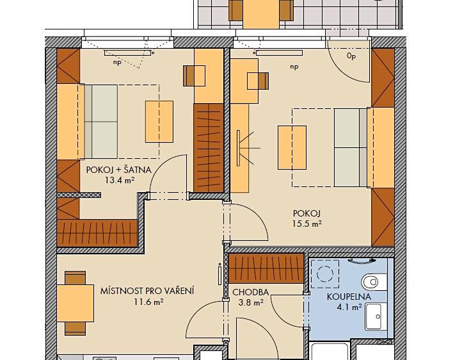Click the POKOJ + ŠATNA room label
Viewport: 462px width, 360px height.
tap(119, 170)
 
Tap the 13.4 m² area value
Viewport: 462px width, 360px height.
tap(120, 180)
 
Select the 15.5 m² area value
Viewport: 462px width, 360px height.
tap(307, 224)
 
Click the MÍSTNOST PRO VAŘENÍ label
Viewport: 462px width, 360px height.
tap(147, 291)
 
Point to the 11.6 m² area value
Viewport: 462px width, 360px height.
tap(149, 302)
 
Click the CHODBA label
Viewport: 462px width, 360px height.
tap(250, 292)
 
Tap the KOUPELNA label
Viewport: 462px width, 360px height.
tap(349, 297)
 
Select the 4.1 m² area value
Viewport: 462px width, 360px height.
tap(349, 307)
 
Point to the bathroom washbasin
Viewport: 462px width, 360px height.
tap(376, 316)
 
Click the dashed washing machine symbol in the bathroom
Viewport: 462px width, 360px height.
tap(325, 274)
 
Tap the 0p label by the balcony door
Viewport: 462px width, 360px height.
tap(351, 56)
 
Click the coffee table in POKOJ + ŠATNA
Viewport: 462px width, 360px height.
tap(159, 122)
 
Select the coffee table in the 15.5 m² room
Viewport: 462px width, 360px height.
tap(292, 147)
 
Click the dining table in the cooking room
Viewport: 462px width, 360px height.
tap(76, 303)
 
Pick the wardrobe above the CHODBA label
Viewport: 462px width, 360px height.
tap(266, 268)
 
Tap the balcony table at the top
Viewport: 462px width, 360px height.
tap(261, 13)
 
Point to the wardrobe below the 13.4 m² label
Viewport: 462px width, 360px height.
tap(97, 233)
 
